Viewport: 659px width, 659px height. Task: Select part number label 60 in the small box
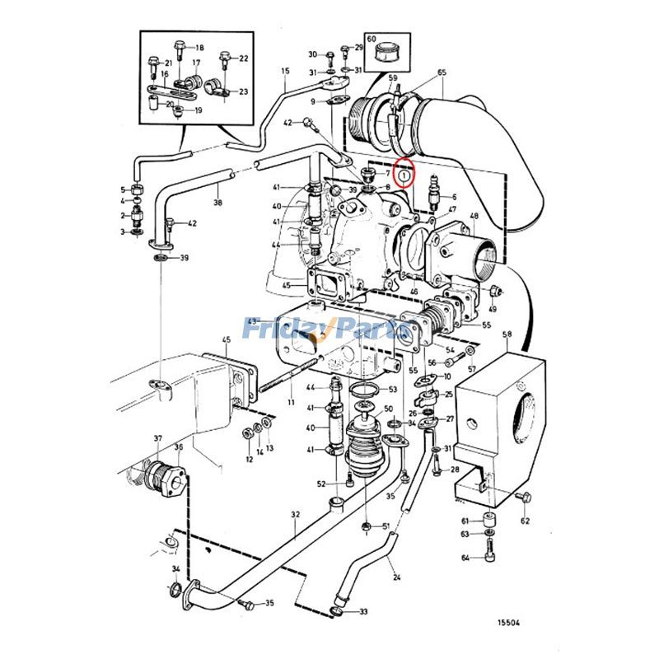[371, 40]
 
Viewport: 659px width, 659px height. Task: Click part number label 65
[442, 73]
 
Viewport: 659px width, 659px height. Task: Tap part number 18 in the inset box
[199, 48]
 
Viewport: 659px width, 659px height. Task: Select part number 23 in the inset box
[244, 91]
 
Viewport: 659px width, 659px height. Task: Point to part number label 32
[296, 515]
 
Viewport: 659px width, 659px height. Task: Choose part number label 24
[396, 577]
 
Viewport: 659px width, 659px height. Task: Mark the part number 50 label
[387, 409]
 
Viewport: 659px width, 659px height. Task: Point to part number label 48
[474, 217]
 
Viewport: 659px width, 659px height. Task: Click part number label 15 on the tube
[286, 72]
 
